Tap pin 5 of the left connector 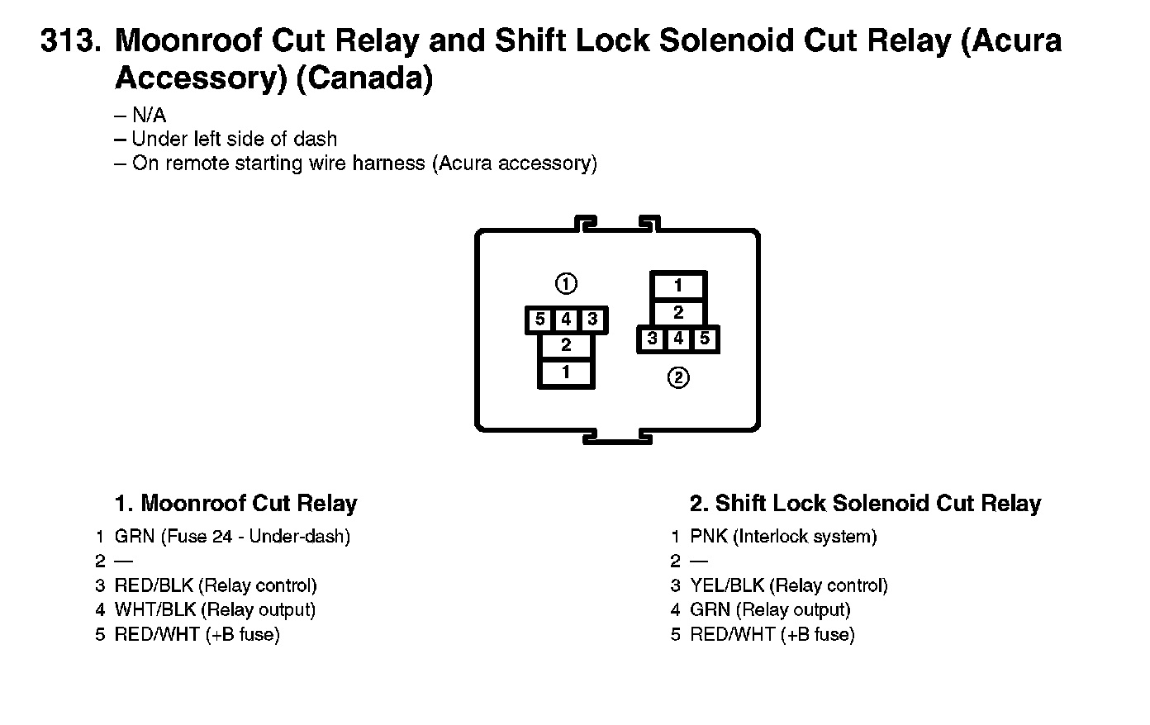pos(540,320)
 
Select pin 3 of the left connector pos(592,320)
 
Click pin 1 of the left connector pos(566,373)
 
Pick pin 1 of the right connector pos(678,286)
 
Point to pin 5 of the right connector pos(704,339)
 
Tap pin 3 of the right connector pos(653,339)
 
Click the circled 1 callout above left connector pos(566,284)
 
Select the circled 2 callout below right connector pos(678,378)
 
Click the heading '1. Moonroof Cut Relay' pos(235,504)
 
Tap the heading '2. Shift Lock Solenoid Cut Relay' pos(865,504)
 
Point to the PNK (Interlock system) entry pos(783,537)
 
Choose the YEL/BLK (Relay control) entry pos(789,585)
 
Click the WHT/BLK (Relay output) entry pos(215,610)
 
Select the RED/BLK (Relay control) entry pos(216,585)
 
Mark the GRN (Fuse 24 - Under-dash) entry pos(232,537)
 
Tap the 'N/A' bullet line pos(149,116)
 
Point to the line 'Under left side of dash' pos(234,140)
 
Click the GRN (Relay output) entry pos(770,610)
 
